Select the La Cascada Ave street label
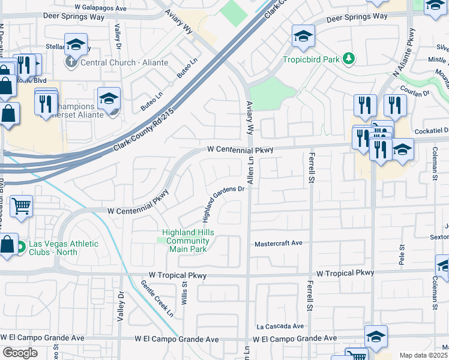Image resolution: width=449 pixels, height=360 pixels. coord(280,326)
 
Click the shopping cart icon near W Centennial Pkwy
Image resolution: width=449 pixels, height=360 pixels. coord(21,206)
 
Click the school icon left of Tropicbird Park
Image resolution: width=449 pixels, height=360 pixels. coord(303,36)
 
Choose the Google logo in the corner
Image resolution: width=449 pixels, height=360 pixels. coord(20,353)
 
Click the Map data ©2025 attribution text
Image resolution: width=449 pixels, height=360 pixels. coord(423,355)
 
